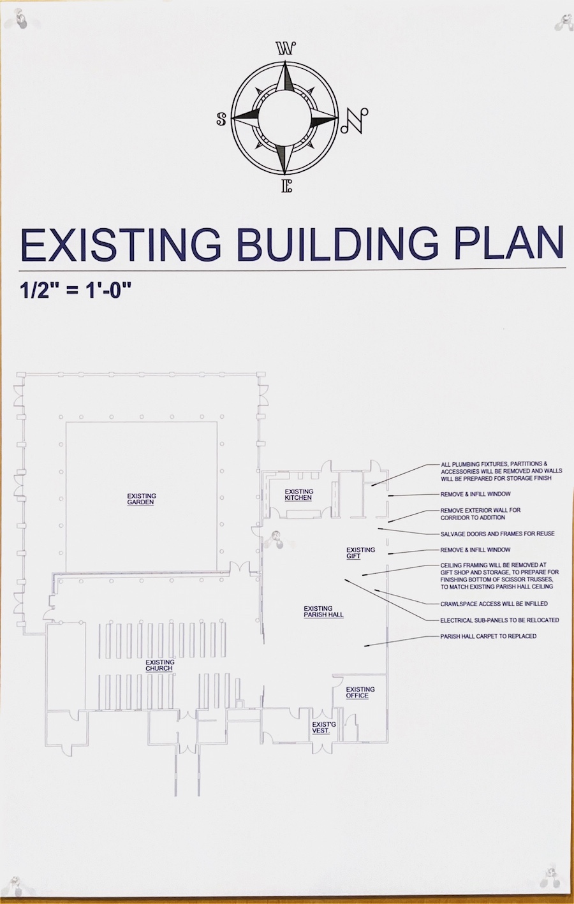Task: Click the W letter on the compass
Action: (286, 48)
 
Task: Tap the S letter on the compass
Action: (221, 119)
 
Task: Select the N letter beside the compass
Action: (354, 120)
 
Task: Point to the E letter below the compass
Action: (286, 186)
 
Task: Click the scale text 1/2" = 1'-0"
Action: (76, 290)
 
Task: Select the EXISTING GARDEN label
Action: (142, 499)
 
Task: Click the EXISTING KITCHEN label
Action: (298, 494)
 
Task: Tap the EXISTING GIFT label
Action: (360, 553)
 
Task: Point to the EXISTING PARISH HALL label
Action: (323, 611)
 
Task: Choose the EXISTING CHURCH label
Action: (160, 665)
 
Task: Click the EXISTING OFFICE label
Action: (360, 692)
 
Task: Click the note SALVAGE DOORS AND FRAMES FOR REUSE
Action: (497, 534)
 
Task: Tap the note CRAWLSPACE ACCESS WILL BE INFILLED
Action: (494, 604)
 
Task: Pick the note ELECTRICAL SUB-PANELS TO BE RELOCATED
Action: (500, 620)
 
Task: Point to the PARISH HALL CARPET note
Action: (489, 636)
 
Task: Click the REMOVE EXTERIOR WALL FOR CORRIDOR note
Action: (480, 514)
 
